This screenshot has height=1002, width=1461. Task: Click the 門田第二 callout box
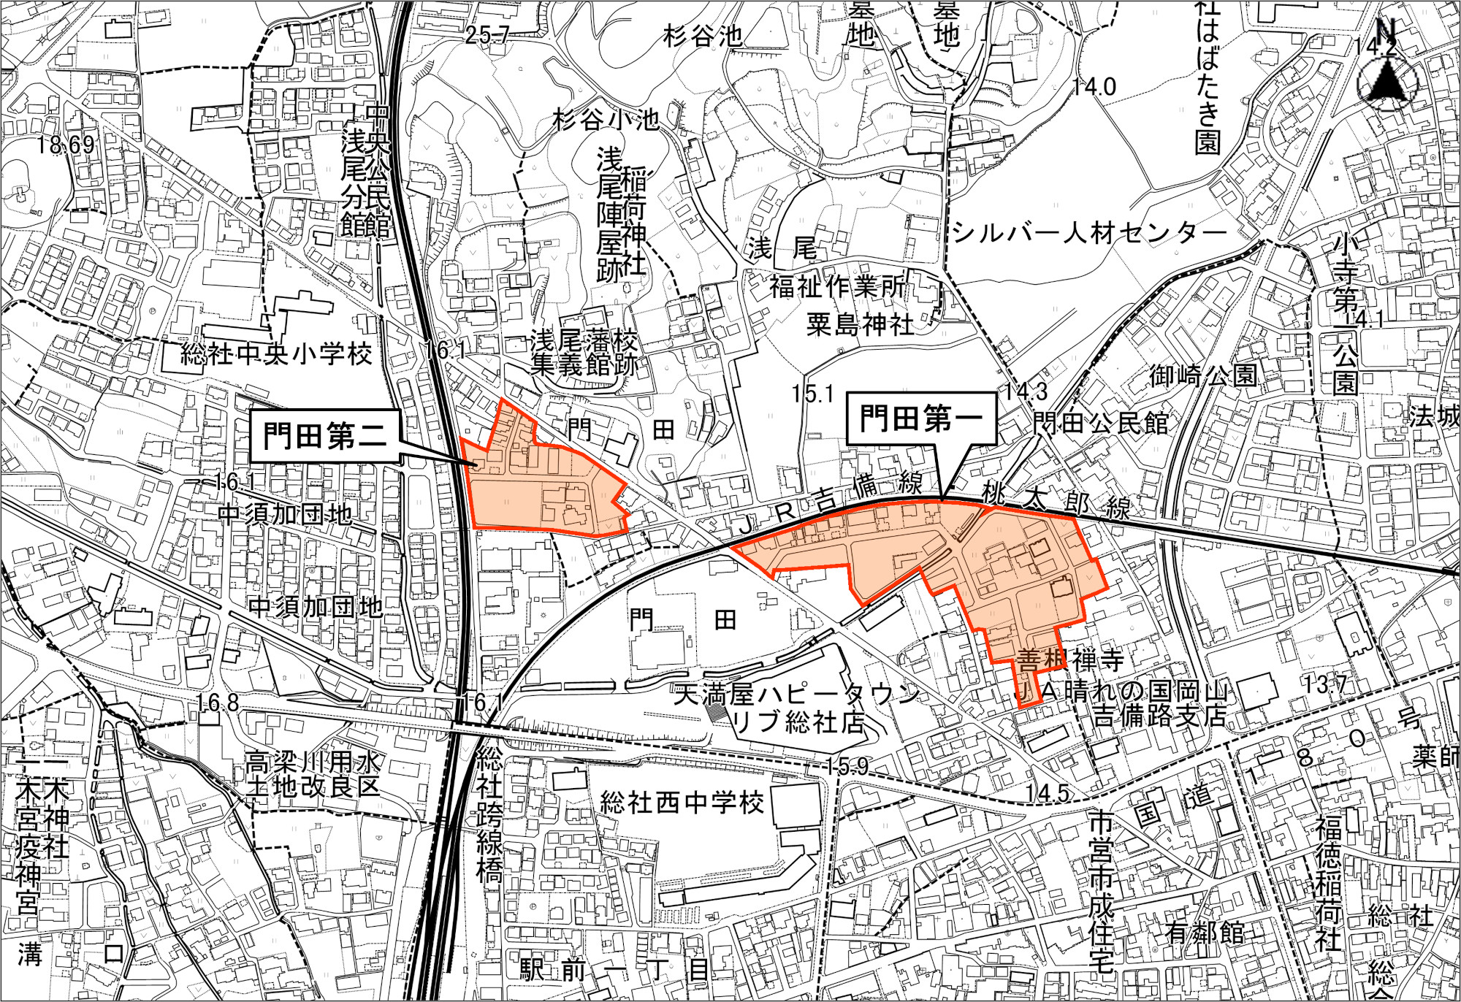(x=325, y=436)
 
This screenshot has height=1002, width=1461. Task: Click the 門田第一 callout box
(x=920, y=418)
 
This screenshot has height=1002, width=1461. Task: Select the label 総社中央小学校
(x=277, y=355)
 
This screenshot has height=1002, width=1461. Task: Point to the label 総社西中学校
(x=682, y=803)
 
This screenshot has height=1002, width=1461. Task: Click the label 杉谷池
(x=703, y=36)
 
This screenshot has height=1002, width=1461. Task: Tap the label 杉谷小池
(x=606, y=119)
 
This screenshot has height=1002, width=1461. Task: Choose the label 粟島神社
(x=860, y=324)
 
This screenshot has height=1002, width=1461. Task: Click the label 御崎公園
(x=1203, y=375)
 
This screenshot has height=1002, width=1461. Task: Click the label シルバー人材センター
(x=1089, y=233)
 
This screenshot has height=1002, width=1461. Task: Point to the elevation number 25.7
(x=487, y=34)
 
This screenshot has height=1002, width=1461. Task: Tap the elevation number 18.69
(x=66, y=145)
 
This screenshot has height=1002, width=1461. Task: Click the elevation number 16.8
(x=218, y=703)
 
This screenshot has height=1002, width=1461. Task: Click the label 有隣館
(x=1205, y=933)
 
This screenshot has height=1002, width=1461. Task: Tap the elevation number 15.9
(x=848, y=765)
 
